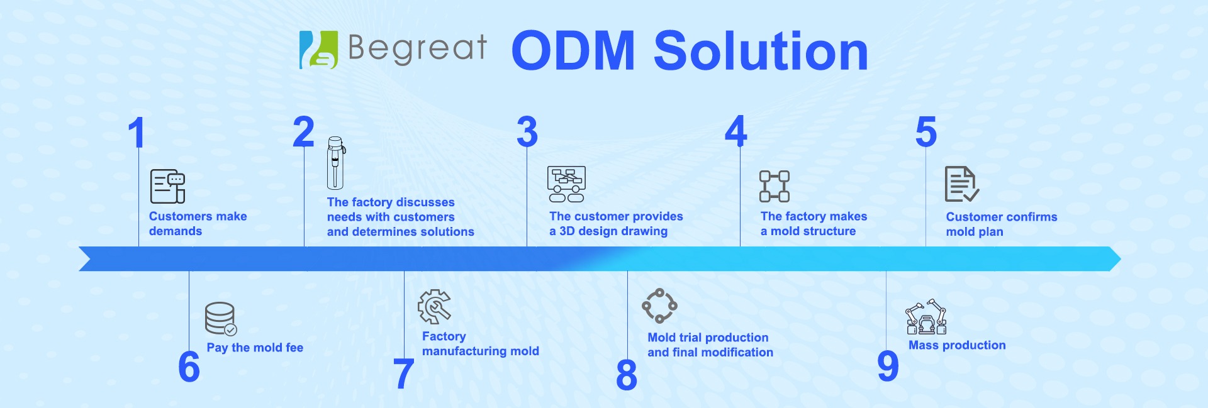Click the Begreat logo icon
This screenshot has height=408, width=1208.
pos(318,50)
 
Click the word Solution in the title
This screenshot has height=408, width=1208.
pos(761,51)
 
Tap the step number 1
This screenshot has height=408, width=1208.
pos(137,133)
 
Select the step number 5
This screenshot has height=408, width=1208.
pos(926,132)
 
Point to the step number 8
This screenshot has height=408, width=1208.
pos(626,375)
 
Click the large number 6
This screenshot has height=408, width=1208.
pos(189,367)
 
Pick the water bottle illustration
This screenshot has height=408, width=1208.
pos(335,163)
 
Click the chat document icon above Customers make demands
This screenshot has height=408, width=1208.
pos(167,186)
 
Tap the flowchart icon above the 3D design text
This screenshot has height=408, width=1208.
pos(566,184)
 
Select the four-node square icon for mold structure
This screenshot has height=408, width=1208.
pos(774,186)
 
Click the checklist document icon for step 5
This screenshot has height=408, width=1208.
pos(961,184)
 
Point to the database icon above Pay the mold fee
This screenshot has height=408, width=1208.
pos(220,319)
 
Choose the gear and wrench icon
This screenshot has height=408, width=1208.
pos(434,306)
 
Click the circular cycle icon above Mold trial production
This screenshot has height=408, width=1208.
pos(659,306)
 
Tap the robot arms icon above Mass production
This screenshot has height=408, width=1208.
pos(926,317)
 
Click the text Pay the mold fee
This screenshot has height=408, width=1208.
pos(255,348)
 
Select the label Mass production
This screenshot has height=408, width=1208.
pos(957,345)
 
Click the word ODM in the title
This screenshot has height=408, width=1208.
pos(573,51)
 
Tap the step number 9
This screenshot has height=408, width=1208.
pos(888,367)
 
